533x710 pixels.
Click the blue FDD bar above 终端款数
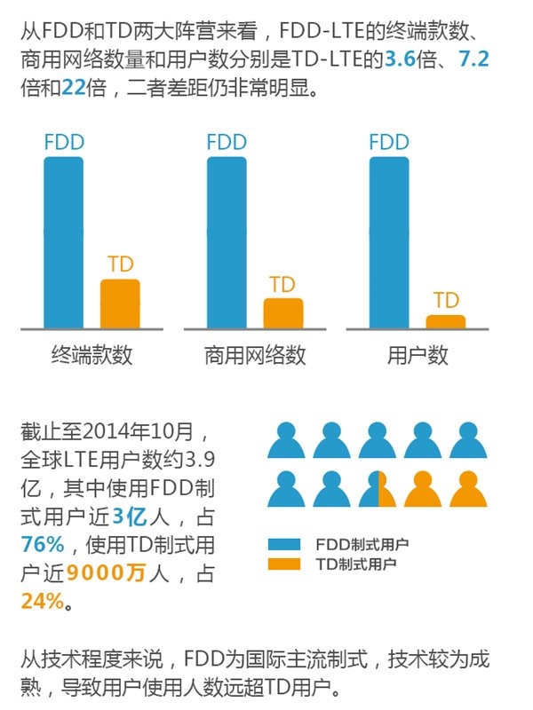(x=63, y=242)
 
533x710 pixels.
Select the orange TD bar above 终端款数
(x=120, y=304)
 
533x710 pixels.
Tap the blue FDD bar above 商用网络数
(x=227, y=242)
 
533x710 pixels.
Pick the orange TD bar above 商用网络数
(x=282, y=313)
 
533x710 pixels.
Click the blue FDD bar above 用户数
(x=389, y=242)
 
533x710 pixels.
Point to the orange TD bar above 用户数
(x=445, y=321)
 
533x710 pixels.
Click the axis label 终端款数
(x=91, y=356)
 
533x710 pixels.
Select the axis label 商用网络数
(x=255, y=356)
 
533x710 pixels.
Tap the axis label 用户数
(x=418, y=356)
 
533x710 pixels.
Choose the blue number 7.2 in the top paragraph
(x=473, y=61)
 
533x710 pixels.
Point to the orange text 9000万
(x=110, y=573)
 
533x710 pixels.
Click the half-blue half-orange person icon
(x=378, y=487)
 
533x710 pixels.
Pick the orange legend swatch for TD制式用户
(x=285, y=564)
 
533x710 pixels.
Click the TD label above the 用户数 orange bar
(x=446, y=300)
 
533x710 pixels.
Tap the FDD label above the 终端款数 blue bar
(x=64, y=142)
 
